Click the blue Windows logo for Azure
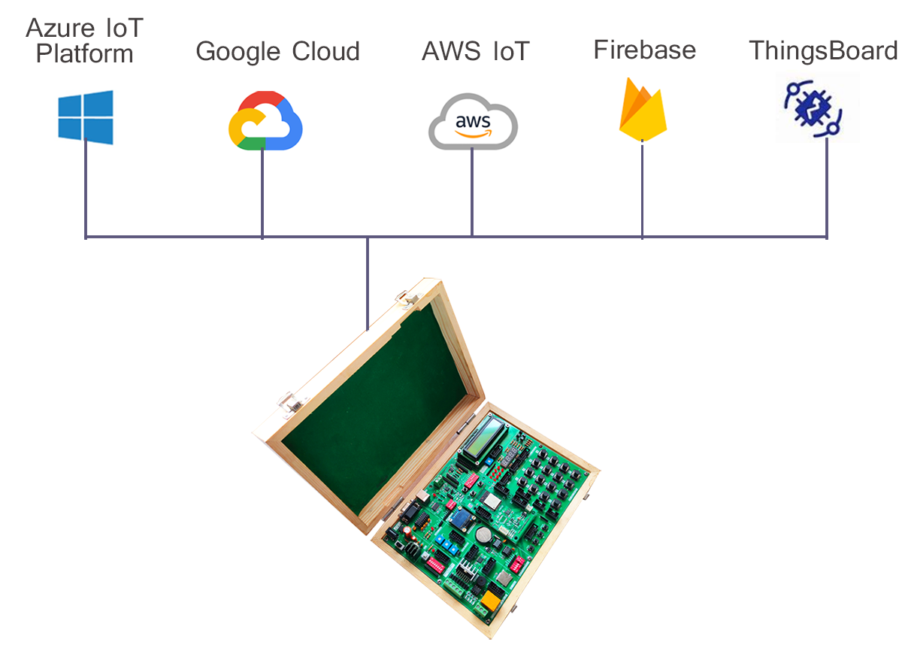coord(86,117)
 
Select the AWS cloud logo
coord(473,123)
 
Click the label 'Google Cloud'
coord(277,52)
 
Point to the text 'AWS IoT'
coord(475,52)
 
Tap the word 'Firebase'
coord(644,50)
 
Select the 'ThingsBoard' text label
coord(823,50)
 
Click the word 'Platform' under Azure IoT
coord(85,54)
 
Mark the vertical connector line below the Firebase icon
coord(642,192)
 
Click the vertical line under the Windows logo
coord(86,192)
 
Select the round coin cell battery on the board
coord(483,535)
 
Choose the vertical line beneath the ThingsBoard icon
coord(827,188)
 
